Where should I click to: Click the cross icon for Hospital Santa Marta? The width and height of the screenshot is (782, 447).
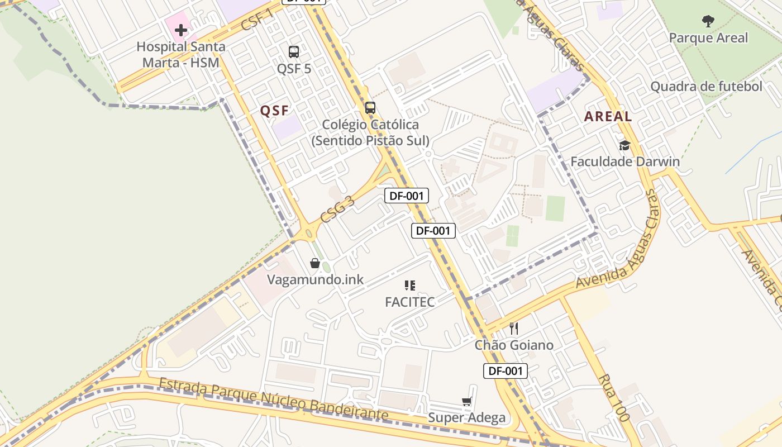point(181,30)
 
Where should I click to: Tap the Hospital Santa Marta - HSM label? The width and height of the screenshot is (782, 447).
point(181,54)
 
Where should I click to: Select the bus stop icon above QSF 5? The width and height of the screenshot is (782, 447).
point(294,52)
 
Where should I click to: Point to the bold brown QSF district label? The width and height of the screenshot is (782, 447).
point(275,111)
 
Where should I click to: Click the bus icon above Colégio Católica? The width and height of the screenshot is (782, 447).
point(370,107)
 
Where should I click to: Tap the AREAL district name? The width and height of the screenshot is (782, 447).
point(608,117)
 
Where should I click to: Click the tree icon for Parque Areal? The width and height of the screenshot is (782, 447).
point(708,22)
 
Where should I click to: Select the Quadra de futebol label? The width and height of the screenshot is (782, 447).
point(706,87)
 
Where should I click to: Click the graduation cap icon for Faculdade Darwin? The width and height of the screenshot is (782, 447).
point(624,146)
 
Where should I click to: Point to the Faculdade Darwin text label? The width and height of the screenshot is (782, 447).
point(624,162)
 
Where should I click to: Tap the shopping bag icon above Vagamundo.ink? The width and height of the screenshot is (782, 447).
point(315,263)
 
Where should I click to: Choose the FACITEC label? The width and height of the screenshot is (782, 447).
point(409,302)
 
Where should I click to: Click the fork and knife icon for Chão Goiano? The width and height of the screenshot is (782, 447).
point(514,329)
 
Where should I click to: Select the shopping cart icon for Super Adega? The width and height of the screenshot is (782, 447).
point(466,401)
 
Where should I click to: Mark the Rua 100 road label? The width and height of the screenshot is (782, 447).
point(613,398)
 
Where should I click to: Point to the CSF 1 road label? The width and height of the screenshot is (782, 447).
point(258,21)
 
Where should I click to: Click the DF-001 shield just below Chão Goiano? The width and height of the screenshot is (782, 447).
point(505,371)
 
